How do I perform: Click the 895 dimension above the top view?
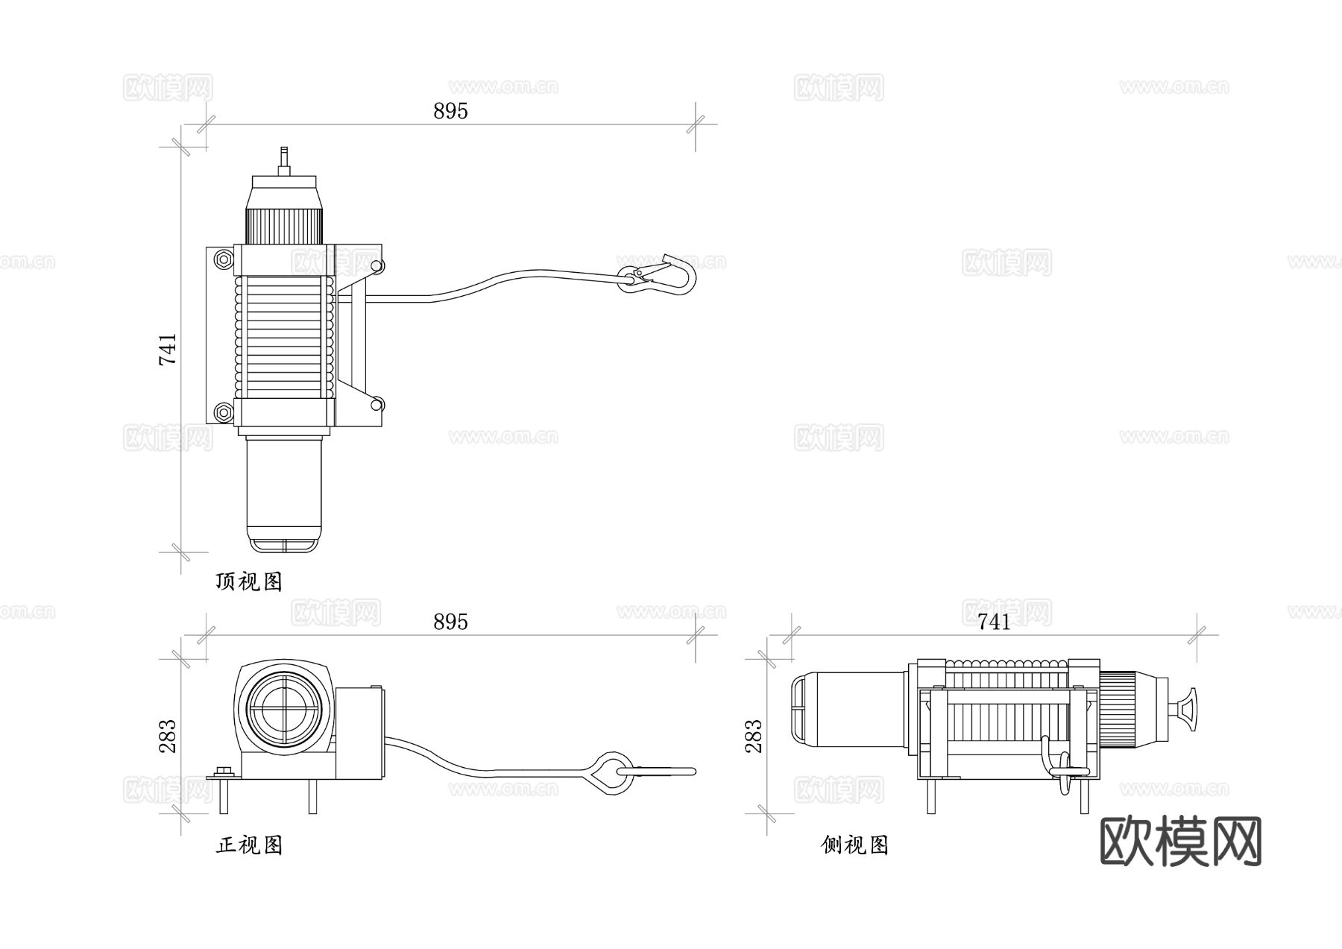(450, 111)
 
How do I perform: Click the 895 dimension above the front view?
(450, 622)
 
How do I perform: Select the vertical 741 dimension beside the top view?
(168, 349)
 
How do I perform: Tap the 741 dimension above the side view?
(994, 622)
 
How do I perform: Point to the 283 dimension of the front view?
(168, 735)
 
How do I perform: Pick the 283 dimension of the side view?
(754, 735)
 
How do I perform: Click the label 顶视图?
(249, 581)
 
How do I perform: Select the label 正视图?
(249, 845)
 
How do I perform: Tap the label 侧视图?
(854, 845)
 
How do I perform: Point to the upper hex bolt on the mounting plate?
(223, 259)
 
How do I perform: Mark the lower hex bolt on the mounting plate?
(223, 412)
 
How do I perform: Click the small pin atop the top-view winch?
(283, 159)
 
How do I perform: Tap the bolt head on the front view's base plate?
(221, 769)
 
